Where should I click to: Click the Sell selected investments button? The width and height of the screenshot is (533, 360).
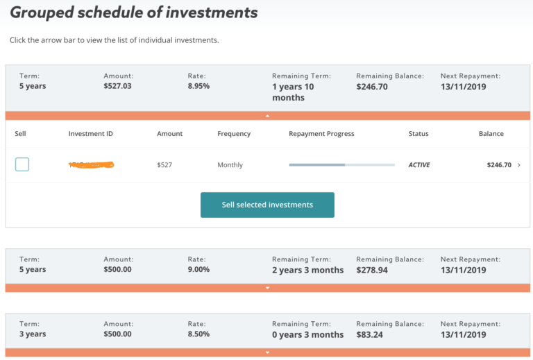click(x=267, y=205)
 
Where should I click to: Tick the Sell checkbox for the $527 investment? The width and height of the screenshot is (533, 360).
click(x=22, y=164)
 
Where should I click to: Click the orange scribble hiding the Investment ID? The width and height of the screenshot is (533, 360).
click(x=91, y=165)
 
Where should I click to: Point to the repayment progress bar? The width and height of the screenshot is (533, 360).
click(x=341, y=165)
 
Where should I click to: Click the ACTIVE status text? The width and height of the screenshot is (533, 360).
click(x=419, y=165)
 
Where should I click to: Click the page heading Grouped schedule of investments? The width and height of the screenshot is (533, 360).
click(x=133, y=12)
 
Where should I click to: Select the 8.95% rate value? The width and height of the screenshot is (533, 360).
click(x=198, y=87)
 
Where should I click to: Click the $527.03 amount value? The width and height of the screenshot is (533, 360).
click(x=117, y=87)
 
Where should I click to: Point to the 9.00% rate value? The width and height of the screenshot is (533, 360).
click(x=198, y=270)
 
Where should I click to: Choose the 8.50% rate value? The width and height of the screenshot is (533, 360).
click(x=198, y=334)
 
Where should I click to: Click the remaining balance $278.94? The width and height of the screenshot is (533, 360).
click(x=372, y=270)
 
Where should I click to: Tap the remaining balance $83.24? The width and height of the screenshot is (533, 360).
click(x=369, y=334)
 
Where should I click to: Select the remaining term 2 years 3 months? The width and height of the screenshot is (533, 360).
click(x=307, y=270)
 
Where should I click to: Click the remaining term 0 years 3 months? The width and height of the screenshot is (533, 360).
click(x=307, y=334)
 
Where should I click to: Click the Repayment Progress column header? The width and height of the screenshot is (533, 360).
click(x=321, y=134)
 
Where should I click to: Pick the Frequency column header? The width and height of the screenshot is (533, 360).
click(x=234, y=134)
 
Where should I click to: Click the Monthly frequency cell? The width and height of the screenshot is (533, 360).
click(x=230, y=165)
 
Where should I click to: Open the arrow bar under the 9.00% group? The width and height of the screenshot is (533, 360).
click(x=267, y=288)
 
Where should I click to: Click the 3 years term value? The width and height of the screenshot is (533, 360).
click(x=33, y=334)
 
